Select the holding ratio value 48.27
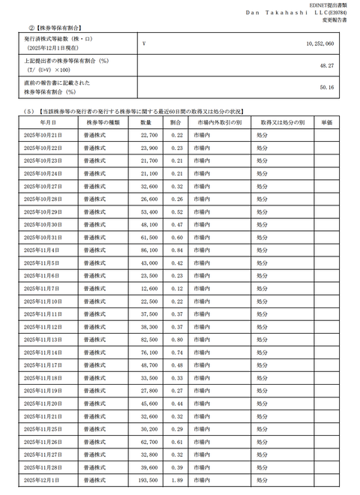(x=344, y=65)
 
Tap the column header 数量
(x=145, y=121)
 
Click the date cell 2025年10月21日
(x=43, y=135)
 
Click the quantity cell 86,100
(x=148, y=250)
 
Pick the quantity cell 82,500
(x=148, y=340)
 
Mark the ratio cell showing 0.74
(x=177, y=352)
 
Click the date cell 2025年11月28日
(x=43, y=467)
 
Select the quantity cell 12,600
(x=148, y=288)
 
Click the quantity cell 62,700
(x=148, y=442)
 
